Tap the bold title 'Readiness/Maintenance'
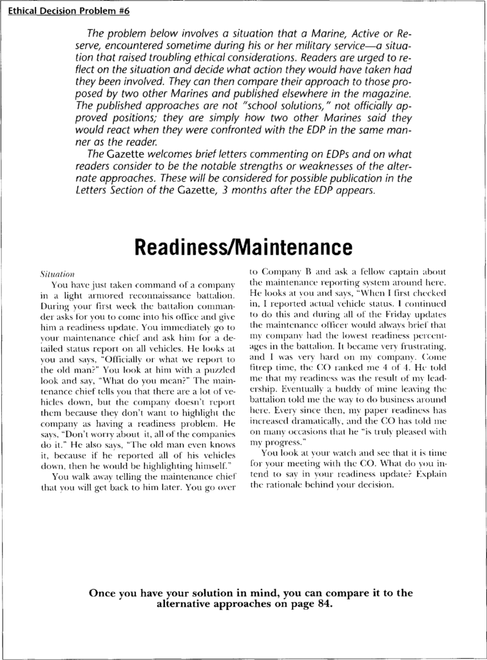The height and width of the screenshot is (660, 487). coord(243,247)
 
